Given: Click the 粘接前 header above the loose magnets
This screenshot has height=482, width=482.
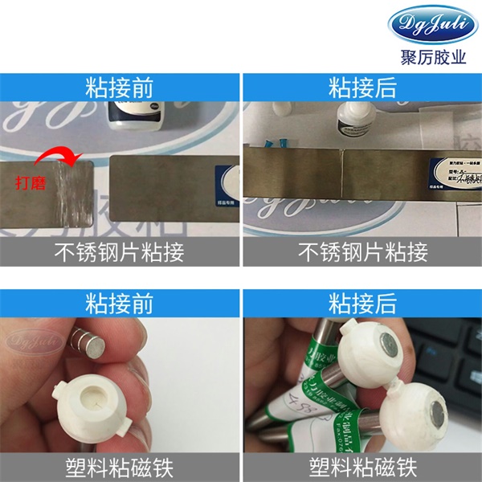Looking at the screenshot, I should point(120,303).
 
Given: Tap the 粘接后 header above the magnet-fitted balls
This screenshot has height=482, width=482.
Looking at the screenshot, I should point(361,303).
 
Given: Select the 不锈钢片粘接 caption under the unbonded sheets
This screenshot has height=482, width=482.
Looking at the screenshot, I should point(120,253).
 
